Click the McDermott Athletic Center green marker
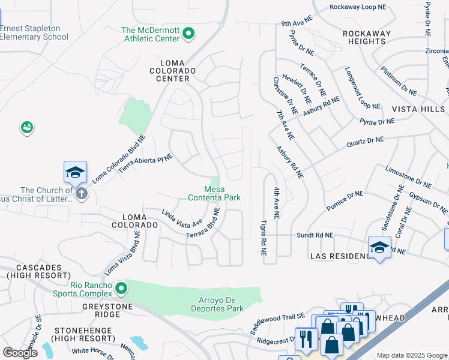(x=188, y=34)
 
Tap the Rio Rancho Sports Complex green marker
(x=121, y=289)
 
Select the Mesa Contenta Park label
(x=214, y=193)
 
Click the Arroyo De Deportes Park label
(x=212, y=304)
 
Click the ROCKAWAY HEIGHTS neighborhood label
(x=366, y=37)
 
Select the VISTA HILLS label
(x=418, y=109)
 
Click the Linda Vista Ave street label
(x=181, y=218)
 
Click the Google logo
(x=20, y=353)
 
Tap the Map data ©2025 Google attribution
(x=412, y=355)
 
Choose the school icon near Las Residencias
(x=379, y=247)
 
